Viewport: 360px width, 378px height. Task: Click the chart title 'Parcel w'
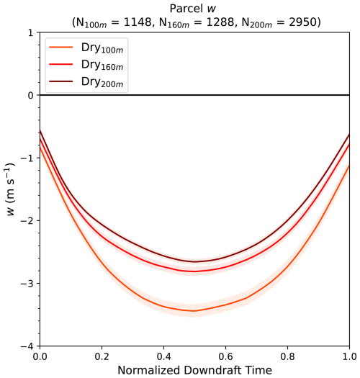193,9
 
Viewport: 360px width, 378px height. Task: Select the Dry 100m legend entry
86,48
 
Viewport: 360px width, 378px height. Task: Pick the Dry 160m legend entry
86,65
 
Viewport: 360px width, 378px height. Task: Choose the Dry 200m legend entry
86,82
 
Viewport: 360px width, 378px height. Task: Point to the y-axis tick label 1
31,33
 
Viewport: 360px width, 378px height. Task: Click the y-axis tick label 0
31,96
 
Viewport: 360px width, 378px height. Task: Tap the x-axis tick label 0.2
102,356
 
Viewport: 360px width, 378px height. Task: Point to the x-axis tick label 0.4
163,356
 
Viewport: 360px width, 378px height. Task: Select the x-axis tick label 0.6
225,356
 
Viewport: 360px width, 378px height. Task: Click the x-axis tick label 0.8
288,356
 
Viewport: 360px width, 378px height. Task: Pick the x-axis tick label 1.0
349,356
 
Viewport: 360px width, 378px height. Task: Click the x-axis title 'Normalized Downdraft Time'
195,370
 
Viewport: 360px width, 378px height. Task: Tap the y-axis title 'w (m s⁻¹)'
10,189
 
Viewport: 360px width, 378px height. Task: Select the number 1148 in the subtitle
138,22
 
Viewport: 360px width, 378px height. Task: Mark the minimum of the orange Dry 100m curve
194,311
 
